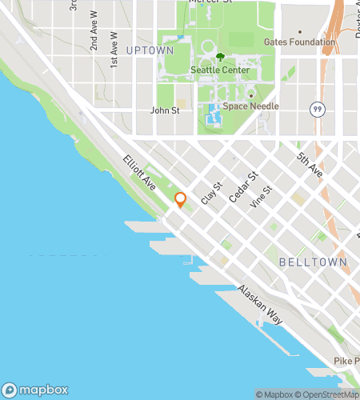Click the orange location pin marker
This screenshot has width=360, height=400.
pos(180,200)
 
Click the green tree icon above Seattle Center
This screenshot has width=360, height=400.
pos(220,57)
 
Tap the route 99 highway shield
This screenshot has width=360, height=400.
pos(317,106)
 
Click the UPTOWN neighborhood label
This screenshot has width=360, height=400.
pos(149,50)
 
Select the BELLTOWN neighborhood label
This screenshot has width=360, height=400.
pos(314,262)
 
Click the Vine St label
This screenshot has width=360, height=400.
pos(261,197)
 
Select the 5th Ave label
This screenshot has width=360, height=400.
pos(309,165)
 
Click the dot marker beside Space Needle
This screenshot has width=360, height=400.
pos(250,96)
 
